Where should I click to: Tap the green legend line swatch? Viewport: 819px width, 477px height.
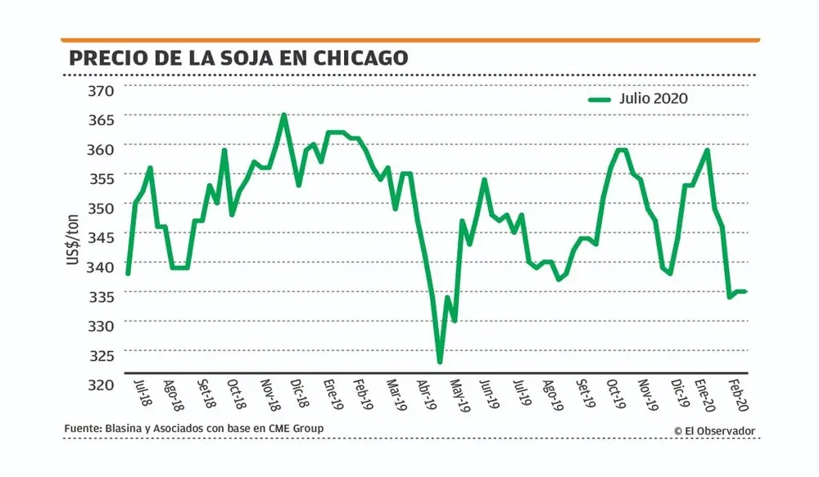point(600,99)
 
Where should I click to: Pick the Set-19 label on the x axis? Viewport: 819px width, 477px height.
point(585,393)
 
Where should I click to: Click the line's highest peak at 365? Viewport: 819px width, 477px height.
point(283,115)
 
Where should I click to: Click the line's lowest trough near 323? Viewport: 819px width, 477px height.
point(440,361)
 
